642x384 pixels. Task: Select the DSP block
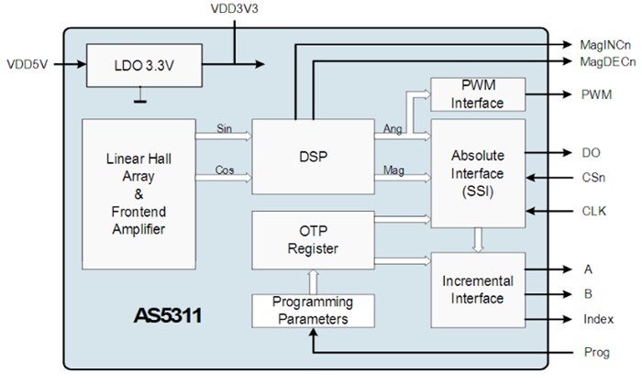tap(313, 156)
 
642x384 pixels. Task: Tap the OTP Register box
tap(313, 240)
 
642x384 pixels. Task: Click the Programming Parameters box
tap(313, 311)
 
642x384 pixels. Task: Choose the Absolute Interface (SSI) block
tap(477, 172)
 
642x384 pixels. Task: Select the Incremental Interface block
tap(477, 290)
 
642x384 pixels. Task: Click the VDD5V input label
tap(28, 65)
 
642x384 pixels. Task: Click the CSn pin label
tap(592, 181)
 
